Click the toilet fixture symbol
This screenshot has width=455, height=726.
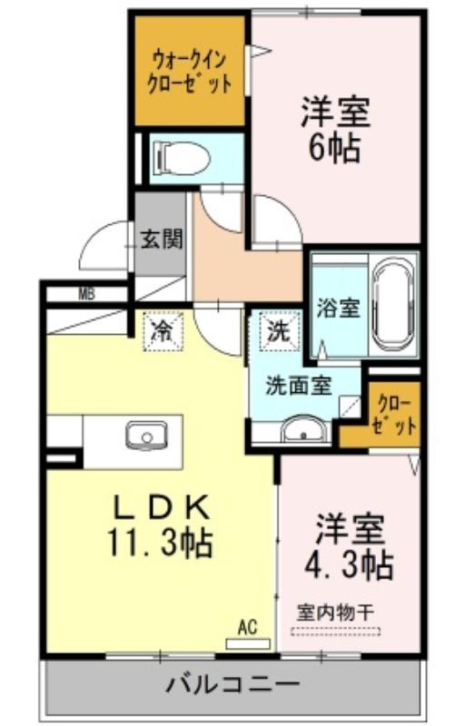[x=182, y=158]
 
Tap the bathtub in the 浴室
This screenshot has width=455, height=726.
[x=393, y=306]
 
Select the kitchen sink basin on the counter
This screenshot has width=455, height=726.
[x=146, y=436]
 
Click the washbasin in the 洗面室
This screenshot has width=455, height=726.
[x=304, y=428]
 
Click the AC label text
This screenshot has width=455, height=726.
[x=247, y=627]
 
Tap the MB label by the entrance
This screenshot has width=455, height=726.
[x=86, y=294]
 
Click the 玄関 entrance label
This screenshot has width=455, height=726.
[x=162, y=240]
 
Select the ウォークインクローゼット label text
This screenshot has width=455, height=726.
[x=189, y=73]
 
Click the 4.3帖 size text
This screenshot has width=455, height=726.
[x=349, y=564]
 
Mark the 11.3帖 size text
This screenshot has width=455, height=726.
[x=161, y=542]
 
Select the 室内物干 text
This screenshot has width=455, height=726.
[x=335, y=613]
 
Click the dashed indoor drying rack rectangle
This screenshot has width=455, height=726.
[x=336, y=631]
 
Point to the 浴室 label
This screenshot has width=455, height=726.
[x=338, y=308]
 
